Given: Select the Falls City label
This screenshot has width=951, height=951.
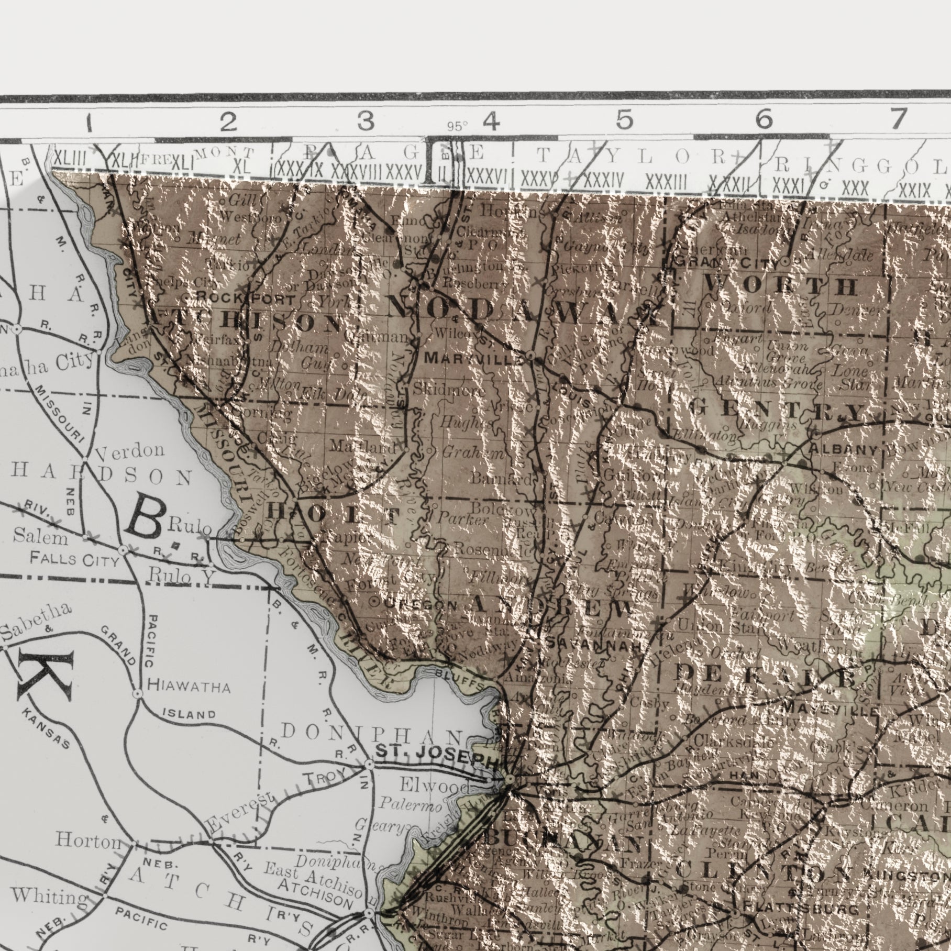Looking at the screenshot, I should (74, 560).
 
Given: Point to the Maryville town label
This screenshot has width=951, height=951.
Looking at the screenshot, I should (474, 359).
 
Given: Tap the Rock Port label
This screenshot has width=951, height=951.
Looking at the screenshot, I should (246, 299).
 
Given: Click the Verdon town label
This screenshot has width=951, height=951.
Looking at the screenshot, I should (130, 450).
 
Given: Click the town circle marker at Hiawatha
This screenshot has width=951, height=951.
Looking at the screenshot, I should (137, 694).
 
